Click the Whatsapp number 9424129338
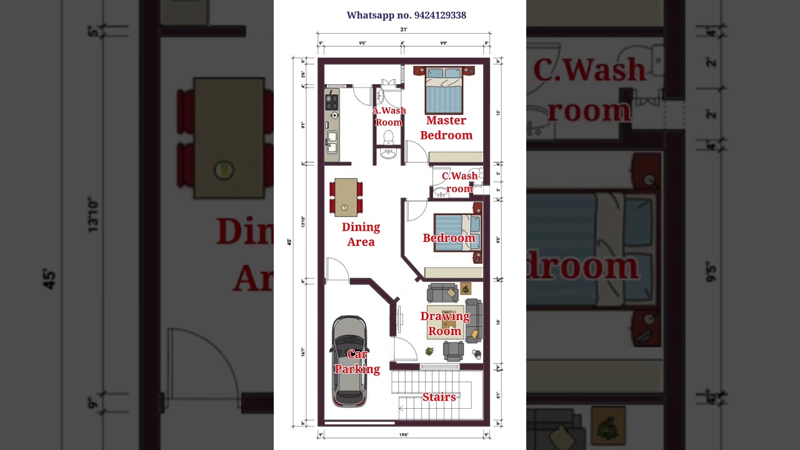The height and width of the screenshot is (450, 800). tap(406, 15)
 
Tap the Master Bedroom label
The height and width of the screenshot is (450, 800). tap(446, 127)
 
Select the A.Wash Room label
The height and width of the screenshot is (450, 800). tap(389, 116)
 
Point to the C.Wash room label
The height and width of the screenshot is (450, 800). tap(459, 182)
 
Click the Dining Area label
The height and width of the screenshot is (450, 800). tap(361, 234)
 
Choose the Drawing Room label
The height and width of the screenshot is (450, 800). tap(445, 323)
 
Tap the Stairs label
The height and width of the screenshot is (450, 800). tap(439, 397)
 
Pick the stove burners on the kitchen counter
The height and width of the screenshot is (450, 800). tap(332, 102)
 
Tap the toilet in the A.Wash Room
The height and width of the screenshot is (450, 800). tap(388, 137)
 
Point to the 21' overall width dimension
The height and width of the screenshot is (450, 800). tap(404, 29)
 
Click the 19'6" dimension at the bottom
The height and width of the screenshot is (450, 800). tap(404, 434)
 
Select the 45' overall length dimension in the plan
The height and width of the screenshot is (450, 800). tap(289, 241)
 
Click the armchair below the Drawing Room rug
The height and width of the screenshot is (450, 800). tap(453, 351)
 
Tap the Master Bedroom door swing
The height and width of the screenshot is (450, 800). tap(416, 152)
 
